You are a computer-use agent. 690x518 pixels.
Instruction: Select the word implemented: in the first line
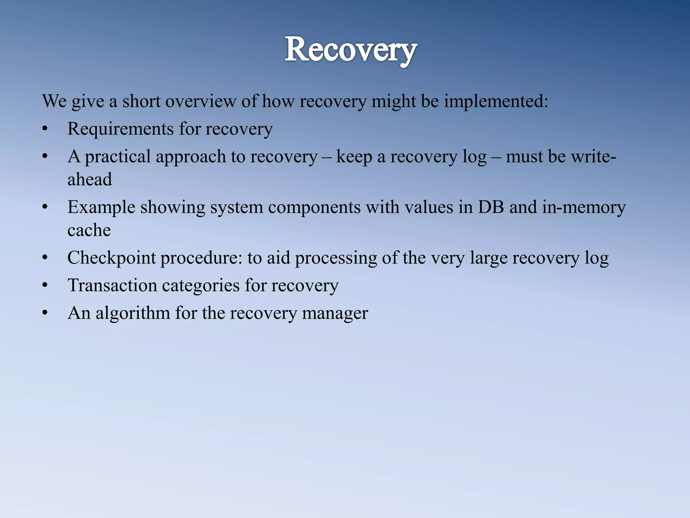(x=496, y=101)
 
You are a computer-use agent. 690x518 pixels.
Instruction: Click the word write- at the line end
(x=593, y=156)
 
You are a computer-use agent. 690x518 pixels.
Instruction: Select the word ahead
(x=90, y=179)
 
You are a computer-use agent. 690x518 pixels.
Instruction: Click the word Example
(x=101, y=207)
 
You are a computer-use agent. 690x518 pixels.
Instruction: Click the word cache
(x=89, y=230)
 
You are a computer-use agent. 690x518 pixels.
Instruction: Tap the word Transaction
(x=112, y=285)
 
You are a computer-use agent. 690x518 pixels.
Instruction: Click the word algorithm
(x=133, y=313)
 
